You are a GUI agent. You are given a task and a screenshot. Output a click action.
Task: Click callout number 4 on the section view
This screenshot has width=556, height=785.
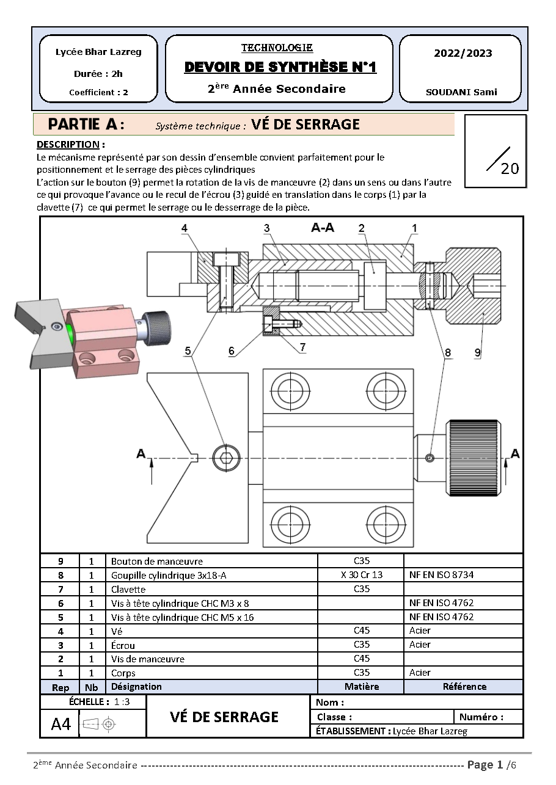[185, 228]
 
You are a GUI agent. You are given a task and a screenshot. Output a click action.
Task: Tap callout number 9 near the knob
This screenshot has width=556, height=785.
[477, 352]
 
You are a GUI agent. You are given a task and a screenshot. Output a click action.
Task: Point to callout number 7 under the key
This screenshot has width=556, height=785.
[302, 347]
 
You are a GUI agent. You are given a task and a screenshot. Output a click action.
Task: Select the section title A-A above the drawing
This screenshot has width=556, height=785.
[323, 228]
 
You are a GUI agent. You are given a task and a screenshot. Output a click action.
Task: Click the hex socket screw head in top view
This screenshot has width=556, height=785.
[223, 458]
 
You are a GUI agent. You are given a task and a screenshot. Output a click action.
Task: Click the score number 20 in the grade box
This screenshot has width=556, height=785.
[509, 168]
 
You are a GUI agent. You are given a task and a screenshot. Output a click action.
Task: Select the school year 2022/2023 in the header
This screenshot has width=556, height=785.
[463, 53]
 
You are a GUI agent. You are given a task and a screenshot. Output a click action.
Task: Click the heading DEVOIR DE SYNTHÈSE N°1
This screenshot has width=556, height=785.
[280, 67]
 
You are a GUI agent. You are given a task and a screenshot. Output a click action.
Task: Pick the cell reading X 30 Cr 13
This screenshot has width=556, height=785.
[361, 574]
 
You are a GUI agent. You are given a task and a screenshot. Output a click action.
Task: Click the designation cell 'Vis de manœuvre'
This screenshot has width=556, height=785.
[147, 659]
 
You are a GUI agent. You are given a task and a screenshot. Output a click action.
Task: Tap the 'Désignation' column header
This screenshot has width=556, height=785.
[136, 687]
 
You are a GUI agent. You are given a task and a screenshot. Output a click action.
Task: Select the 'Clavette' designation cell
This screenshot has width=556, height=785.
[128, 589]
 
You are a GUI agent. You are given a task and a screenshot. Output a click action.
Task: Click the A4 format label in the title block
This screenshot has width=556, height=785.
[61, 724]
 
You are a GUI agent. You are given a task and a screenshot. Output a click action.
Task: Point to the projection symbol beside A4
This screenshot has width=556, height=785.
[99, 724]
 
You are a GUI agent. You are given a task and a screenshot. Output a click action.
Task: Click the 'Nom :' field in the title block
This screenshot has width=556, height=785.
[331, 703]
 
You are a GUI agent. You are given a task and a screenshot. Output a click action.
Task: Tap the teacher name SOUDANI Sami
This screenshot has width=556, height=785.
[461, 93]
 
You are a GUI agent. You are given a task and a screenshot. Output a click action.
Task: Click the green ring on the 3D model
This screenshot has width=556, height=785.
[71, 332]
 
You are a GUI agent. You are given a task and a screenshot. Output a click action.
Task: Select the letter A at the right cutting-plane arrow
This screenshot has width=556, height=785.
[515, 454]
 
